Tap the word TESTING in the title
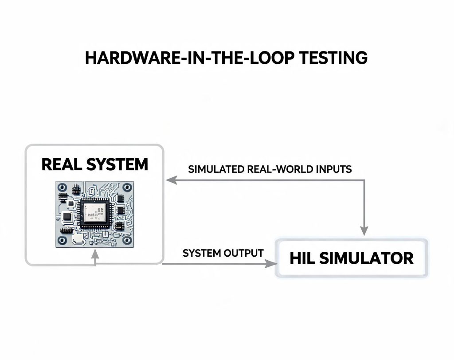click(333, 58)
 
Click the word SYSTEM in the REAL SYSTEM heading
click(117, 164)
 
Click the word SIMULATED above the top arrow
click(216, 169)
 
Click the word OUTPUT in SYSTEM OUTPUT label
click(243, 253)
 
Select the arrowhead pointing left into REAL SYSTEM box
click(172, 180)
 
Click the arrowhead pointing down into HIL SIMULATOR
click(364, 231)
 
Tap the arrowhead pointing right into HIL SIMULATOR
click(271, 264)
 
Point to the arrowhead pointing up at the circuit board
click(95, 254)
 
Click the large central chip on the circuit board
click(95, 213)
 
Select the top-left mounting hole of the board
click(62, 188)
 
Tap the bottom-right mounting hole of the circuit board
click(127, 240)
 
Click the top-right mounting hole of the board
click(127, 188)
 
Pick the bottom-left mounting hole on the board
click(62, 240)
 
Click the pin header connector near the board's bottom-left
click(67, 231)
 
